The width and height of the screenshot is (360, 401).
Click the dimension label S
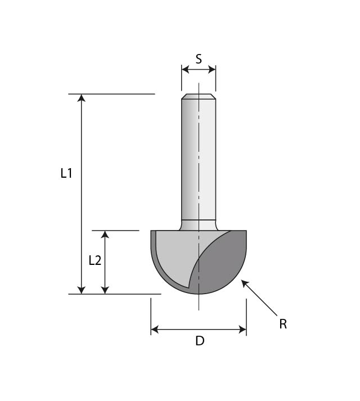click(x=199, y=59)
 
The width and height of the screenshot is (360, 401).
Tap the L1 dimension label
click(x=66, y=173)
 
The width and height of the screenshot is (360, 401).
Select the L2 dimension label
click(x=95, y=260)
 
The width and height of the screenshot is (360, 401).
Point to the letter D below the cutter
click(x=200, y=341)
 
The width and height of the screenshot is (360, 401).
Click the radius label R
click(x=283, y=325)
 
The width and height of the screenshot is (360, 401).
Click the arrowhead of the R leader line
click(x=245, y=283)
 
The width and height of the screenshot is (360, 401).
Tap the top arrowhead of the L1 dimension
click(x=82, y=98)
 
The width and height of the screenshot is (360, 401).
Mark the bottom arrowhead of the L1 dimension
click(x=82, y=290)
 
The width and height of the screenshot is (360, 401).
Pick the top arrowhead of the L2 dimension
click(x=105, y=235)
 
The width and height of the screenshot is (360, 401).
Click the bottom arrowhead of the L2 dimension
click(x=105, y=290)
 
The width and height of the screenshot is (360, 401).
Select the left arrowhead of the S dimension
click(x=185, y=69)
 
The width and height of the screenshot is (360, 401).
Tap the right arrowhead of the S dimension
click(x=212, y=69)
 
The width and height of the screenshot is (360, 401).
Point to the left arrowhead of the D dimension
click(x=155, y=330)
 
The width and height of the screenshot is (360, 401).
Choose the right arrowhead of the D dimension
click(x=242, y=330)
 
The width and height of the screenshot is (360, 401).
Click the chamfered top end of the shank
click(x=199, y=96)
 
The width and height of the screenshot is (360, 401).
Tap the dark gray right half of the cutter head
click(x=223, y=263)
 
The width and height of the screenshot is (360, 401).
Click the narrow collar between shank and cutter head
click(x=199, y=226)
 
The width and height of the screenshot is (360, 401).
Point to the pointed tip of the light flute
click(x=188, y=286)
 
